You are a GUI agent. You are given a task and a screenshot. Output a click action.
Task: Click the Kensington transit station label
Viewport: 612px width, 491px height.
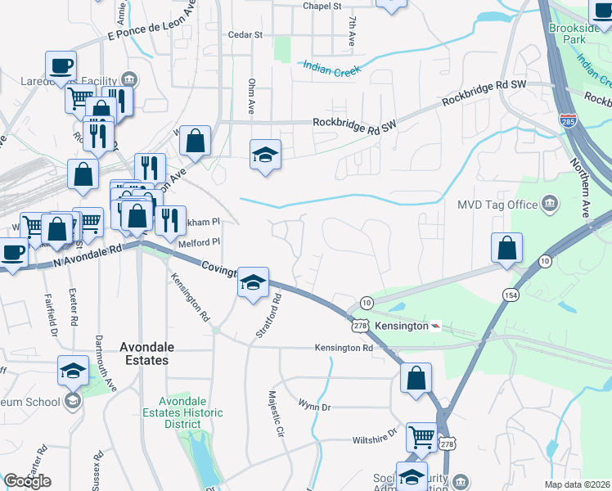[x=402, y=326]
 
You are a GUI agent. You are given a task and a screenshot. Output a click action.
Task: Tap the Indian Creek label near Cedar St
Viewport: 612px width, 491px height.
[x=335, y=71]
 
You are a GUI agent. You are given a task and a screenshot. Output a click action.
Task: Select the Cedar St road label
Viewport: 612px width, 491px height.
[x=245, y=35]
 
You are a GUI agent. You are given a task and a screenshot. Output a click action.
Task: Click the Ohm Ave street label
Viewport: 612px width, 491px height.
[x=252, y=97]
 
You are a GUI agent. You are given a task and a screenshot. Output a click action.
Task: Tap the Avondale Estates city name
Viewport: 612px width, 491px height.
[x=145, y=354]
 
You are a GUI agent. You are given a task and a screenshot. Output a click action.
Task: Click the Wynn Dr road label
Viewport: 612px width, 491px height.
[x=313, y=405]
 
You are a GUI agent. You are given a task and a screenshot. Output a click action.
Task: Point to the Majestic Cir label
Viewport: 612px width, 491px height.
[x=276, y=414]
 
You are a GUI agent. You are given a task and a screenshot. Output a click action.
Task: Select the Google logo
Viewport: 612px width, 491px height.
[x=27, y=481]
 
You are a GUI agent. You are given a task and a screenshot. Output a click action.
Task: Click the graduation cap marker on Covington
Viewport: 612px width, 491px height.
[x=254, y=282]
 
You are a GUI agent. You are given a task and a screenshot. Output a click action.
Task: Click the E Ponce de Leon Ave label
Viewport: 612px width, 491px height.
[x=152, y=25]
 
